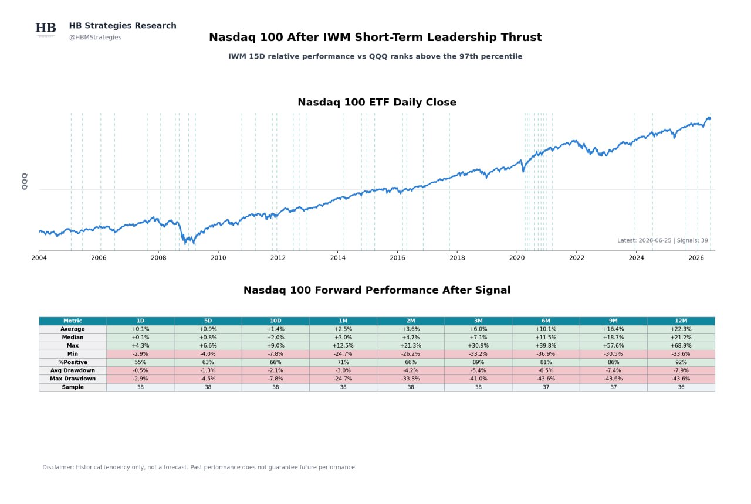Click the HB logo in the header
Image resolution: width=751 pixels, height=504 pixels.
(46, 28)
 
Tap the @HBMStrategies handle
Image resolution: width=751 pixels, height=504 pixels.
(95, 37)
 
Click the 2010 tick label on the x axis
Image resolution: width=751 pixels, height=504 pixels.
(218, 258)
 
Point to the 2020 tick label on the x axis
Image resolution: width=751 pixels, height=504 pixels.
(517, 258)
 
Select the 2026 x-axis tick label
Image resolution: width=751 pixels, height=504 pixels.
(696, 258)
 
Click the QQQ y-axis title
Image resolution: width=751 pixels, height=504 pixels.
(25, 182)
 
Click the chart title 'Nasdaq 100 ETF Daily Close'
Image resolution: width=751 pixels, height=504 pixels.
(377, 102)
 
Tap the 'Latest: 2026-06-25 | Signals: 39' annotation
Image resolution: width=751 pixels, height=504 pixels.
(662, 240)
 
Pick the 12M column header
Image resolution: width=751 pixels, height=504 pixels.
(681, 321)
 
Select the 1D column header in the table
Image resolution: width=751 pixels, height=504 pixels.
(140, 321)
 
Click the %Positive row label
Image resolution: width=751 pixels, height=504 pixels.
(73, 362)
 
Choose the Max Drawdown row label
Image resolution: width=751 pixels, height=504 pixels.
(73, 379)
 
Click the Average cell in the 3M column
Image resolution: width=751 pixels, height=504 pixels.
(478, 329)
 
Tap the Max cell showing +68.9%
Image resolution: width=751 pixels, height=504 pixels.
(681, 346)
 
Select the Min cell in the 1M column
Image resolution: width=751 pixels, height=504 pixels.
(343, 354)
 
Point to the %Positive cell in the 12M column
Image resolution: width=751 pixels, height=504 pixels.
(681, 362)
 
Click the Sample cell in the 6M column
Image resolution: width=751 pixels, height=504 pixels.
(546, 387)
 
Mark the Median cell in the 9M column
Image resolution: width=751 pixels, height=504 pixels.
(613, 338)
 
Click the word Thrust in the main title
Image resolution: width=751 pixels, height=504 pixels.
(522, 37)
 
